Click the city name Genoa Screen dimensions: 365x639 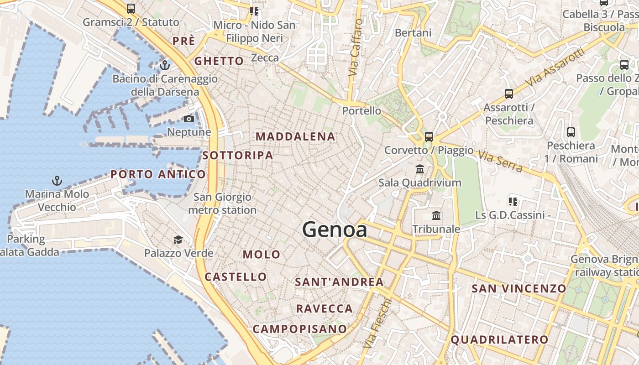pyautogui.click(x=335, y=229)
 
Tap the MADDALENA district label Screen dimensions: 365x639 pyautogui.click(x=295, y=136)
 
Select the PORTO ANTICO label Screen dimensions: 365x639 pyautogui.click(x=158, y=174)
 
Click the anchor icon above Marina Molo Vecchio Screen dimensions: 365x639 pyautogui.click(x=57, y=181)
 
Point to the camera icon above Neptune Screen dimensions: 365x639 pyautogui.click(x=189, y=119)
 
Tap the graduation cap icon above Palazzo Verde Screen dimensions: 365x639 pyautogui.click(x=178, y=240)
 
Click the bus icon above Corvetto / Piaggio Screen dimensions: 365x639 pyautogui.click(x=429, y=136)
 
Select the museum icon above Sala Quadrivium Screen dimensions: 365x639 pyautogui.click(x=420, y=169)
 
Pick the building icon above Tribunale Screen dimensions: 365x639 pyautogui.click(x=436, y=215)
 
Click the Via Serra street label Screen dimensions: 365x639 pyautogui.click(x=500, y=162)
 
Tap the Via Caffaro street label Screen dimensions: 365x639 pyautogui.click(x=356, y=48)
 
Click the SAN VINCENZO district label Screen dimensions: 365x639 pyautogui.click(x=519, y=288)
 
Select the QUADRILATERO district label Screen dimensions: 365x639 pyautogui.click(x=499, y=339)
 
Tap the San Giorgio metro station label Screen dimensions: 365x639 pyautogui.click(x=222, y=203)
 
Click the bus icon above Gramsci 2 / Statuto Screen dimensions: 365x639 pyautogui.click(x=131, y=8)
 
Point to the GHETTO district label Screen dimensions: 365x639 pyautogui.click(x=219, y=61)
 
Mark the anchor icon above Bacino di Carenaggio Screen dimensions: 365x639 pyautogui.click(x=164, y=65)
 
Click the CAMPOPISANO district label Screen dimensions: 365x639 pyautogui.click(x=300, y=329)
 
